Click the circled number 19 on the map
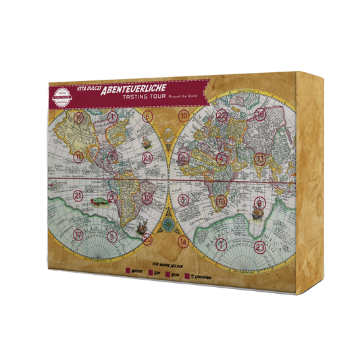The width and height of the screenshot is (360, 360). (80, 118)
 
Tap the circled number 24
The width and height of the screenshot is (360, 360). (147, 157)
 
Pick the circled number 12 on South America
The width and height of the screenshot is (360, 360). (147, 199)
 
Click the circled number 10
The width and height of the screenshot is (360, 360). (183, 115)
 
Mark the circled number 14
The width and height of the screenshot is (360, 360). (182, 240)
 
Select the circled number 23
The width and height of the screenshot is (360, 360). (259, 247)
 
